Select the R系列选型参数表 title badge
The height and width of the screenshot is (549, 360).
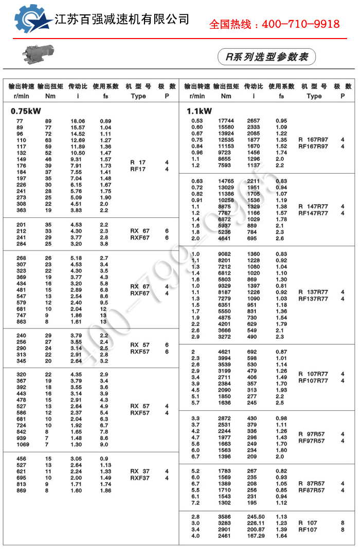tap(267, 57)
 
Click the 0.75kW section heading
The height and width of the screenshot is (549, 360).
tap(26, 111)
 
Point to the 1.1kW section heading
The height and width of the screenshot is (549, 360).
tap(200, 111)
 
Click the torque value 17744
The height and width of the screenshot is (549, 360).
tap(226, 121)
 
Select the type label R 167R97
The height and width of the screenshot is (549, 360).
tap(313, 140)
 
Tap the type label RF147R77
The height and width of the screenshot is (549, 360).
tap(313, 213)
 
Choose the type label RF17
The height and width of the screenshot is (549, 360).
tap(138, 169)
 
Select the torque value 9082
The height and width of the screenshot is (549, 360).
tap(225, 254)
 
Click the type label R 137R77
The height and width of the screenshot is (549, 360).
tap(313, 292)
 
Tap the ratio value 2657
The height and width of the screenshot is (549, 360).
tap(254, 121)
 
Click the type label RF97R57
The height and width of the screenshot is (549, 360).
tap(312, 441)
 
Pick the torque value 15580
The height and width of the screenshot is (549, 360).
tap(226, 127)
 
